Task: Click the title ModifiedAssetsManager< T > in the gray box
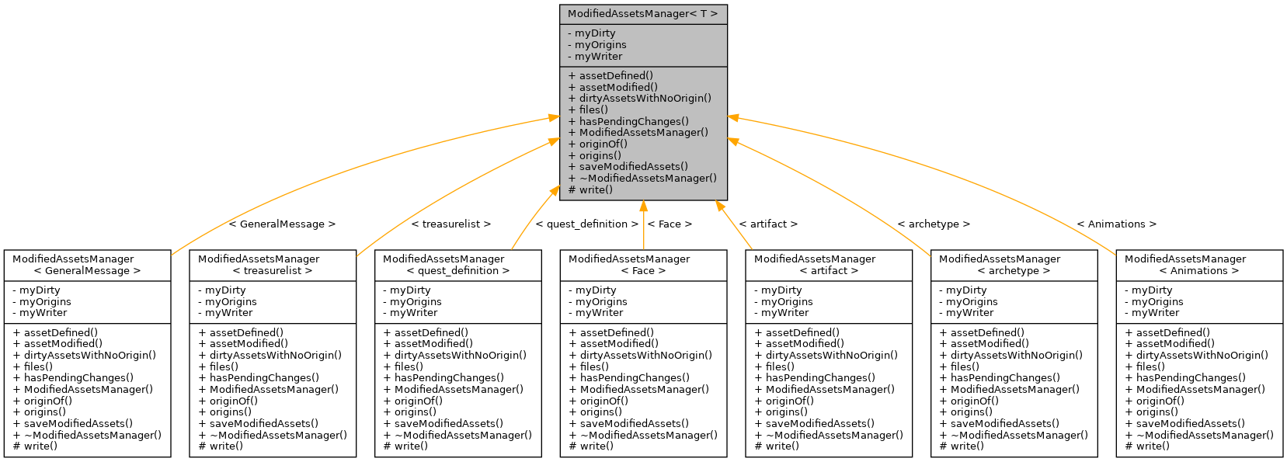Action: point(642,14)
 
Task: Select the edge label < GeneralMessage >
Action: point(282,224)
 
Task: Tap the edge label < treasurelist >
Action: point(450,224)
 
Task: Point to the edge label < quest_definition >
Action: point(586,224)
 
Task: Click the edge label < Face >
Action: point(670,224)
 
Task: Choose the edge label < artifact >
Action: point(768,224)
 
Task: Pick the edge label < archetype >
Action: point(934,224)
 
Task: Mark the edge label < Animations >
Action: point(1116,224)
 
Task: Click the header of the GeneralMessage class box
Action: point(87,265)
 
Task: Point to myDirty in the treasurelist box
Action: point(226,290)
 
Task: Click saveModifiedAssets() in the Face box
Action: point(634,424)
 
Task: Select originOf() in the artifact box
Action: point(788,401)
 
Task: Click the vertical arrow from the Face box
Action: point(643,225)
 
